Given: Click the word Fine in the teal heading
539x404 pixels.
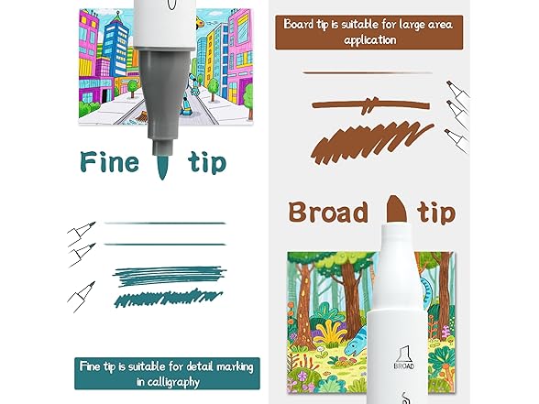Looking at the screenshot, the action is pos(110,162).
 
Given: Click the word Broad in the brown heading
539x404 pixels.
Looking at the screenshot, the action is pos(328,212).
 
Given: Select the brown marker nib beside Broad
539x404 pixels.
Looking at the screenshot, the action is pos(396,209).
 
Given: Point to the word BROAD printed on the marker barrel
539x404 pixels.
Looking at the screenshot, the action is pos(404,366).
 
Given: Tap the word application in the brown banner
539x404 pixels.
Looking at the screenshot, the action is pos(370,40).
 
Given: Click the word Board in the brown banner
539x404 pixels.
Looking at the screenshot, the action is pos(299,24).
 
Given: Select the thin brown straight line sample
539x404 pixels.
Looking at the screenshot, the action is pos(367,73).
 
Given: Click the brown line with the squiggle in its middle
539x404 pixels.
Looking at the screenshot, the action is pos(370,104).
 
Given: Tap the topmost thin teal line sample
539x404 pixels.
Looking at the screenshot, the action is pos(165,224).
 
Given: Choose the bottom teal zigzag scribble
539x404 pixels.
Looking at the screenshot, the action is pos(168,299).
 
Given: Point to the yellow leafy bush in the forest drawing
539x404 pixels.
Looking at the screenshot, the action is pos(329,333).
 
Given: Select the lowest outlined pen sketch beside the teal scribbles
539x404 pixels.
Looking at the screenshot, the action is pos(81,297).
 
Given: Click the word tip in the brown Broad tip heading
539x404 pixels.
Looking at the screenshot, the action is pos(436,213).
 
